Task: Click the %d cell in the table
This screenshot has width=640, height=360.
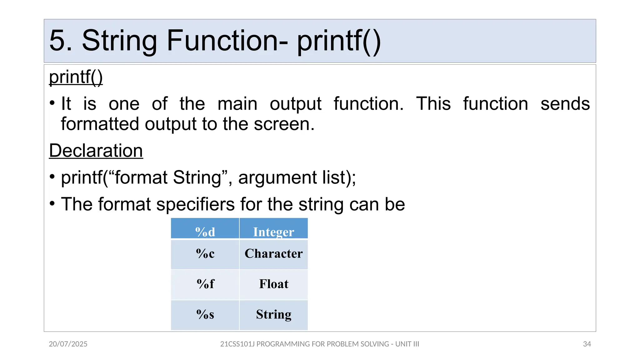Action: click(x=205, y=232)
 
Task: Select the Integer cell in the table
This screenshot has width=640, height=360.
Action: click(x=273, y=232)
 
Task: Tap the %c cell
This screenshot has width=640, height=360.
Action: click(x=205, y=253)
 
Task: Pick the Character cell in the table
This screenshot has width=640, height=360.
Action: click(x=273, y=253)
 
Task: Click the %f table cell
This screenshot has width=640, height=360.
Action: click(x=205, y=284)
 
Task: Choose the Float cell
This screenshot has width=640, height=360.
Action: click(x=273, y=284)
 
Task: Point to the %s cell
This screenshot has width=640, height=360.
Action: click(x=205, y=314)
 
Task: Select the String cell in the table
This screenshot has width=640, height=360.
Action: click(x=273, y=314)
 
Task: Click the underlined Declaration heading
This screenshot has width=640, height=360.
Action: click(x=96, y=151)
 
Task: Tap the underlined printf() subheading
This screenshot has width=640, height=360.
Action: click(x=76, y=77)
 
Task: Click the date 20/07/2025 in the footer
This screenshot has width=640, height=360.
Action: click(x=68, y=344)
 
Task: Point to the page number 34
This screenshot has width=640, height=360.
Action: click(x=587, y=344)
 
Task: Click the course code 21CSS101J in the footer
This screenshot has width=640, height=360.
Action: click(x=237, y=344)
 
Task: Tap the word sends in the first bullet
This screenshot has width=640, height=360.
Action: click(x=565, y=104)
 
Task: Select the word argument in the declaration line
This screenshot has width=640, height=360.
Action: click(x=277, y=178)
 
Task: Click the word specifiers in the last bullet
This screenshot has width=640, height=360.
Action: click(x=195, y=204)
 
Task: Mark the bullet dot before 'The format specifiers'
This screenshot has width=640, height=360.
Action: click(x=52, y=204)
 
